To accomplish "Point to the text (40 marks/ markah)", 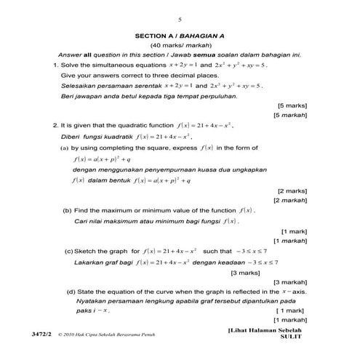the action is click(x=179, y=45).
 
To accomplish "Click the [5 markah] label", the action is click(x=291, y=115).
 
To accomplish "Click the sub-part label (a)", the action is click(x=65, y=148).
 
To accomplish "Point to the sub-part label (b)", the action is click(x=68, y=210).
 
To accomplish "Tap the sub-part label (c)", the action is click(x=69, y=251).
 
